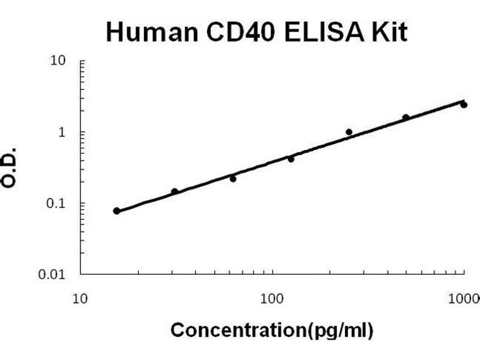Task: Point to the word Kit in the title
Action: click(x=389, y=32)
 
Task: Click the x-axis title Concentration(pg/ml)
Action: click(x=272, y=330)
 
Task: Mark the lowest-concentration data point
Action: click(x=116, y=211)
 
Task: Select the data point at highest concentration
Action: click(x=464, y=104)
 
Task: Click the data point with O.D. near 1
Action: click(x=349, y=132)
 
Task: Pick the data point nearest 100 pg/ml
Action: click(x=291, y=159)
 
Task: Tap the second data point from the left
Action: click(x=175, y=192)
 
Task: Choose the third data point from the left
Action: click(x=233, y=179)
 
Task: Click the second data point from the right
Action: click(x=406, y=118)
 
